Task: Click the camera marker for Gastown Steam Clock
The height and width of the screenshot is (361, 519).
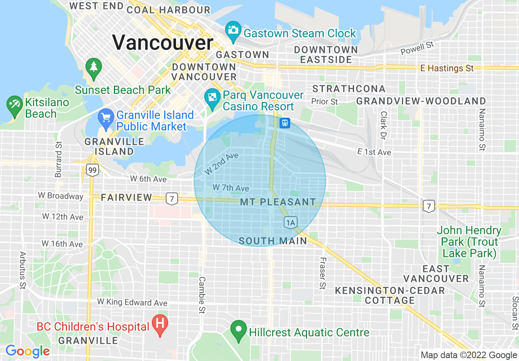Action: point(233,30)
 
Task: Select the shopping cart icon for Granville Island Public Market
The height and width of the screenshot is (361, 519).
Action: point(106,118)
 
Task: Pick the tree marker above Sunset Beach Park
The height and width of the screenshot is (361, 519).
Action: point(94,67)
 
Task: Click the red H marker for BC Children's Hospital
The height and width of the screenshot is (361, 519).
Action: point(160,324)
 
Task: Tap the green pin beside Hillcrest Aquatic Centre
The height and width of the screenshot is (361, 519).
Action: point(238,329)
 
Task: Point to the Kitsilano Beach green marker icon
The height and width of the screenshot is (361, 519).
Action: point(15,105)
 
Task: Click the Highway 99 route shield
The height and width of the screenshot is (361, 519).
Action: point(93,170)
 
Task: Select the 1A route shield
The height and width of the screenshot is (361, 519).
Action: point(290,223)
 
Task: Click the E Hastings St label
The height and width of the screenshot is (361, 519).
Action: point(447,68)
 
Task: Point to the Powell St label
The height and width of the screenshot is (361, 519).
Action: point(417,48)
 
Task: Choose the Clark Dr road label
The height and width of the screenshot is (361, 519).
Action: point(384,125)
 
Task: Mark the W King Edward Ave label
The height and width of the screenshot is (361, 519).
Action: point(132,302)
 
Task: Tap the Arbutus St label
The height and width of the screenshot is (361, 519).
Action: point(22,271)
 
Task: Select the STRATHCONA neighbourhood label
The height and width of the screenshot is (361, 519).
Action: point(349,89)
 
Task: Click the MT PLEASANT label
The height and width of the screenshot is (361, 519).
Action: point(278,202)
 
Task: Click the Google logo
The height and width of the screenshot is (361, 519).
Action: point(27,351)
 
